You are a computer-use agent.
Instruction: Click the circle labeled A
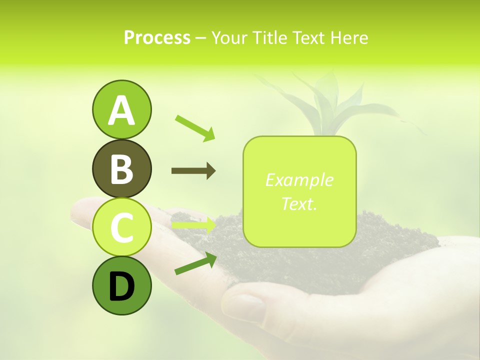tap(121, 109)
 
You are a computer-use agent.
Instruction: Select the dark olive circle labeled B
tap(121, 168)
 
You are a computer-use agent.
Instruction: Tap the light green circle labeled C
tap(121, 227)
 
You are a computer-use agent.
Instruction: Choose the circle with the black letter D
tap(121, 285)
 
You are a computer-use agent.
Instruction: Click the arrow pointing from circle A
tap(195, 128)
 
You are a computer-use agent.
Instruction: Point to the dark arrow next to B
tap(193, 171)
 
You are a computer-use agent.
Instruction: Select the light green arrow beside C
tap(193, 225)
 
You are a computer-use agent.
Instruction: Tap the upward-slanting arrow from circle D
tap(195, 263)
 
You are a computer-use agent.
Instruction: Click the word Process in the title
tap(157, 38)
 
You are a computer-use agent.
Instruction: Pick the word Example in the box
tap(299, 180)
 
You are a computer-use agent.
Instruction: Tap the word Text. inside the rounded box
tap(299, 203)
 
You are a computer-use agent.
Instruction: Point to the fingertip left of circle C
tap(80, 210)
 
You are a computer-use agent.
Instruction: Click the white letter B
tap(121, 169)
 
